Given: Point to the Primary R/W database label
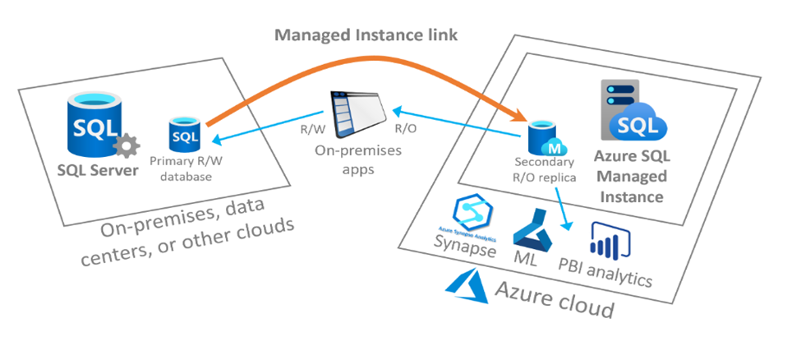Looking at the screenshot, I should tap(186, 169).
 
